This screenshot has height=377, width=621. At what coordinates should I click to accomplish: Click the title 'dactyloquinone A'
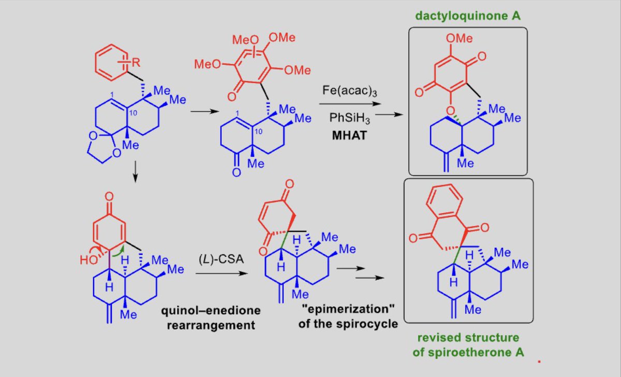click(x=467, y=17)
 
